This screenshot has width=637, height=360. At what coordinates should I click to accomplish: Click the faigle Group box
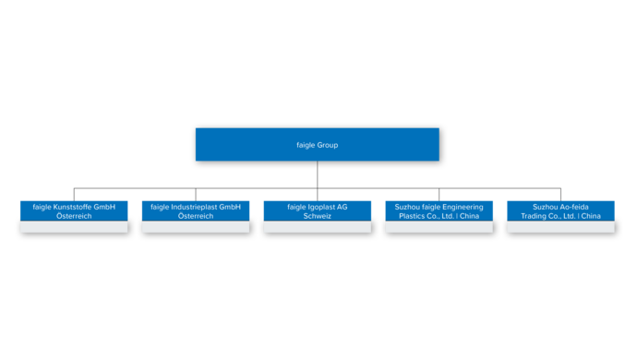[x=317, y=144]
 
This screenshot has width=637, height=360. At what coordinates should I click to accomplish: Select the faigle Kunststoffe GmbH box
[x=74, y=210]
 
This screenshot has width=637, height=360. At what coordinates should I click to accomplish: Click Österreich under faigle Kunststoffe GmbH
[x=74, y=216]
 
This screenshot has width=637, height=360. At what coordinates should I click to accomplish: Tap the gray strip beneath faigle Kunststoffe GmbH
[x=74, y=227]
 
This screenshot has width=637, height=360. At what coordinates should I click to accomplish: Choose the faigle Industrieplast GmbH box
[x=196, y=210]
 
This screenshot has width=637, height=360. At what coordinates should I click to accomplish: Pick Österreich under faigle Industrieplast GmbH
[x=196, y=216]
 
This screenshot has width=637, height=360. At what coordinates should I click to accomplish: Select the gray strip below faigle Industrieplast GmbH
[x=196, y=227]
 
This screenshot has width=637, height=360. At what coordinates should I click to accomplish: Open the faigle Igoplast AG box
[x=318, y=210]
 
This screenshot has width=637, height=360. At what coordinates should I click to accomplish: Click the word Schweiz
[x=318, y=216]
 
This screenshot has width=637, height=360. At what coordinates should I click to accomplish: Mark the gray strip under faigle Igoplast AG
[x=318, y=227]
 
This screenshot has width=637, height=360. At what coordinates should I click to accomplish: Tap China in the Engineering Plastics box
[x=470, y=216]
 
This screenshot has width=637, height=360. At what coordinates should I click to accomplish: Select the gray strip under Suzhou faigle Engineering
[x=439, y=227]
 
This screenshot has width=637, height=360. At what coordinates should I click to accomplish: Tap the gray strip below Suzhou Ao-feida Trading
[x=561, y=227]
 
